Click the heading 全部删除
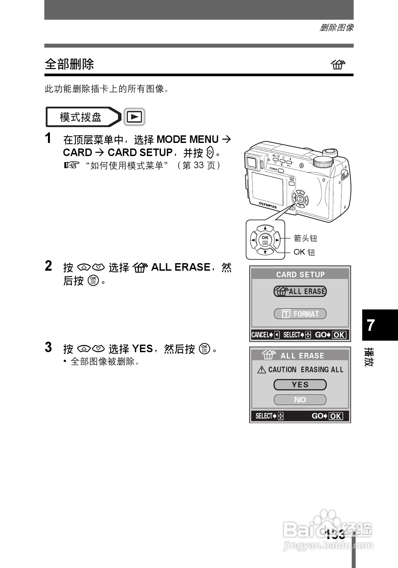[x=69, y=64]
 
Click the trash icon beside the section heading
[x=338, y=64]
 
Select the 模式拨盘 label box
[x=81, y=117]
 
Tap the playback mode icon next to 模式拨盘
[x=134, y=117]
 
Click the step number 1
[x=48, y=138]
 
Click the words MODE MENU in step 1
[x=188, y=140]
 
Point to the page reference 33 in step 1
[x=199, y=165]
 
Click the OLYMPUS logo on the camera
[x=267, y=205]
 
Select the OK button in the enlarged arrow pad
[x=265, y=240]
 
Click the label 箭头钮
[x=305, y=238]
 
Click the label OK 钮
[x=304, y=252]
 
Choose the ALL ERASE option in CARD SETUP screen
[x=300, y=291]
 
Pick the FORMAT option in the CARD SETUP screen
[x=300, y=314]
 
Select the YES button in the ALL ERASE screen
[x=300, y=385]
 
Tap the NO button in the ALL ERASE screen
[x=300, y=400]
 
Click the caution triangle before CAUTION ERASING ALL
[x=262, y=370]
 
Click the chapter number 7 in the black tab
[x=371, y=325]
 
